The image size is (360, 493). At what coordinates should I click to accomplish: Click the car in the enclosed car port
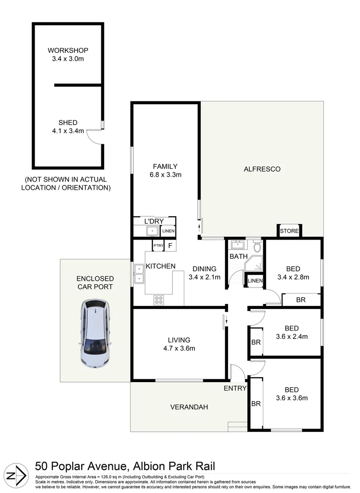(95, 334)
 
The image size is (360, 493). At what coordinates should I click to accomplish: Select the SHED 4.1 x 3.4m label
(68, 126)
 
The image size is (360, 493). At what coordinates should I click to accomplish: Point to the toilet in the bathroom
(256, 247)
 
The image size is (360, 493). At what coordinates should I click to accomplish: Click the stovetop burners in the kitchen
(159, 300)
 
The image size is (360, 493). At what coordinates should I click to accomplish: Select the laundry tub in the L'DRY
(151, 231)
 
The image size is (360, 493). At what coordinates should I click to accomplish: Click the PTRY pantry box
(158, 246)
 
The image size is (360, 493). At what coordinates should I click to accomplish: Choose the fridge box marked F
(170, 246)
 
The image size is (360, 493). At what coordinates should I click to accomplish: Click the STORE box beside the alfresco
(289, 231)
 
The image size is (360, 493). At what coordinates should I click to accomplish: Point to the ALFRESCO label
(262, 169)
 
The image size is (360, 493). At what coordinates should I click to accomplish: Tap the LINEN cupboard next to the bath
(255, 281)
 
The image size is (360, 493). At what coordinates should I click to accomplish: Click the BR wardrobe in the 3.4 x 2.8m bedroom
(301, 300)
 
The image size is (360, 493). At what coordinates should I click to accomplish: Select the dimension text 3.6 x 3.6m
(292, 398)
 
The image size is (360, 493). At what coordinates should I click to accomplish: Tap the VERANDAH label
(189, 407)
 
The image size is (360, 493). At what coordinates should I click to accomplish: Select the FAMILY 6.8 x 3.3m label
(165, 170)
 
